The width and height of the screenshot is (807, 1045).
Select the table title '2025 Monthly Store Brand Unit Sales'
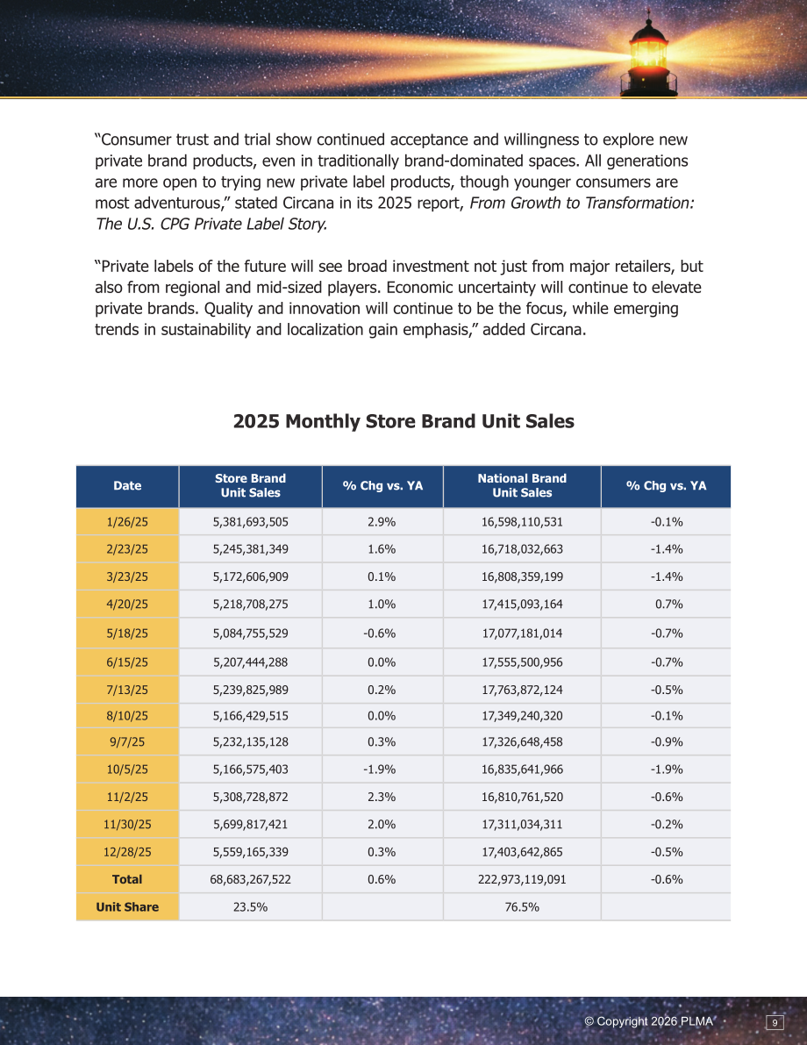[x=403, y=421]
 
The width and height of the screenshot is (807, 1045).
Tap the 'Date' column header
[x=127, y=486]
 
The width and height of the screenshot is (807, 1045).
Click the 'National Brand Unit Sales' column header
[x=522, y=486]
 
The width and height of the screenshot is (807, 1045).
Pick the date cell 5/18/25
[x=127, y=633]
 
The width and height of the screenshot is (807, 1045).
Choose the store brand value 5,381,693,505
[x=251, y=522]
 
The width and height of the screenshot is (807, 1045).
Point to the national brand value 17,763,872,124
[x=522, y=690]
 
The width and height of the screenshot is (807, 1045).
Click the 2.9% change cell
[x=382, y=522]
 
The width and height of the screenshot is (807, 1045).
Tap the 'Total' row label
[x=127, y=879]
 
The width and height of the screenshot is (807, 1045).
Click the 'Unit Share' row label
[x=127, y=907]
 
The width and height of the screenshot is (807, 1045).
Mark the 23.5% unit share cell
[x=251, y=907]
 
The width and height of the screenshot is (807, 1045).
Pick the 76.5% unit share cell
[x=522, y=907]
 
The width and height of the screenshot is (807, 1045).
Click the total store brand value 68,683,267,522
[x=251, y=879]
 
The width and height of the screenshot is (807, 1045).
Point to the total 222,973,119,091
[x=522, y=879]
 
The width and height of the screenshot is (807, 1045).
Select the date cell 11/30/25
[x=127, y=825]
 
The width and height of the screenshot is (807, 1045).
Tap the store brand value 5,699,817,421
[x=251, y=825]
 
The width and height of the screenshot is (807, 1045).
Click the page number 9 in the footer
[x=775, y=1022]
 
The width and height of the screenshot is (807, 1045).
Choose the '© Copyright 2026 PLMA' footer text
[x=648, y=1021]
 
